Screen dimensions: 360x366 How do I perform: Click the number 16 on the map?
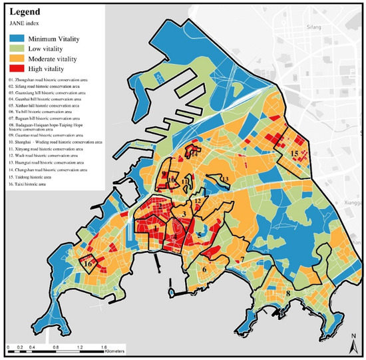coord(87,264)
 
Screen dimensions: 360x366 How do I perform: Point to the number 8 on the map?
coord(287,293)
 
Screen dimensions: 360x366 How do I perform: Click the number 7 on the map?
coord(243,259)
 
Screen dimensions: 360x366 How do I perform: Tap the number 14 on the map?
coord(194,153)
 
